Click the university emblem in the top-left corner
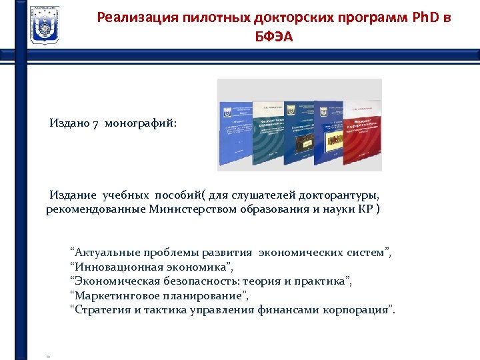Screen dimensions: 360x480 pos(44,25)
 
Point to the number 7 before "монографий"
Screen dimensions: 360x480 pos(96,124)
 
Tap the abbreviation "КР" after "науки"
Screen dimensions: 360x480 pos(364,210)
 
